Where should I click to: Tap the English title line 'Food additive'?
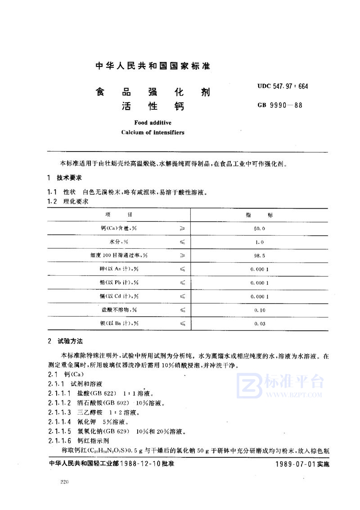153,122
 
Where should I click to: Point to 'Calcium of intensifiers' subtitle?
153,133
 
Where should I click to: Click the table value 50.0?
260,229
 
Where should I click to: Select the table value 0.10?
260,310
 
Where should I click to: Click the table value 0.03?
260,323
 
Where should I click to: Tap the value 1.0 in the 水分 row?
260,242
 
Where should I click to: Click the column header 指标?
260,215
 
